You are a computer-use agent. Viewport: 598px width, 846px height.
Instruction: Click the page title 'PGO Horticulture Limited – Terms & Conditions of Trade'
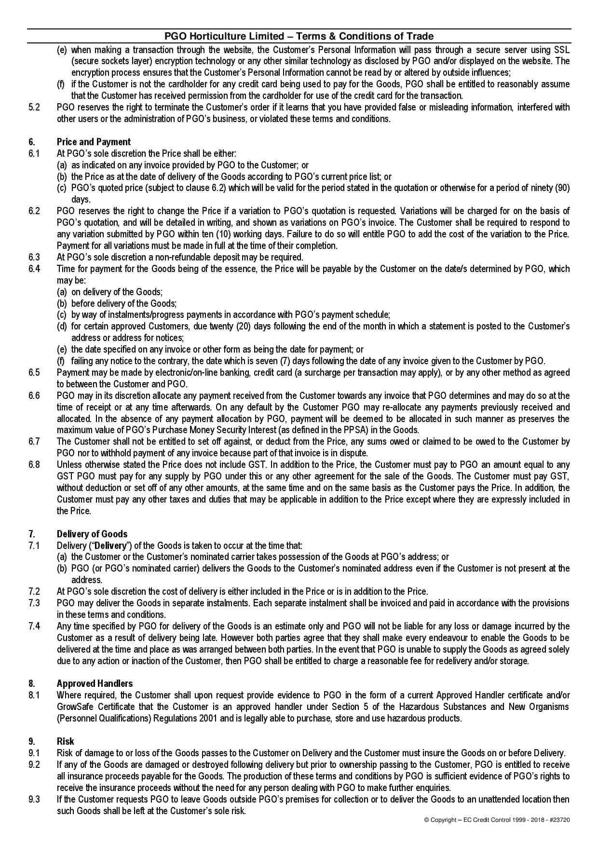299,36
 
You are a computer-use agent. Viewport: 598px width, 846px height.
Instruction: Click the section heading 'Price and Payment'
94,142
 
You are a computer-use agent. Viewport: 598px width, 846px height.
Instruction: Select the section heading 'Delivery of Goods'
92,534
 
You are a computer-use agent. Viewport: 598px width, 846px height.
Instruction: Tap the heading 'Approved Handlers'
95,683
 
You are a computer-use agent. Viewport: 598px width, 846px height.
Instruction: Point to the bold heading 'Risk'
65,741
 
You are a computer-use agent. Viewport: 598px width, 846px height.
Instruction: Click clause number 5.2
34,107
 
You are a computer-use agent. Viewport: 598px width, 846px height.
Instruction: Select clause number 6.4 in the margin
34,269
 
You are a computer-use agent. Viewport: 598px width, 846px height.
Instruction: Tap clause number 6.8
34,464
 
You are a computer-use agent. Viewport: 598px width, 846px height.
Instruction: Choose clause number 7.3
34,603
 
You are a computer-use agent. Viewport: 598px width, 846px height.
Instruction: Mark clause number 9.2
34,764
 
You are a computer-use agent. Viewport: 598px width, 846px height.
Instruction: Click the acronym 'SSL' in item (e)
561,50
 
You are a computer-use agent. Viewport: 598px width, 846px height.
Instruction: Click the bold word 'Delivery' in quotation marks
110,546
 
